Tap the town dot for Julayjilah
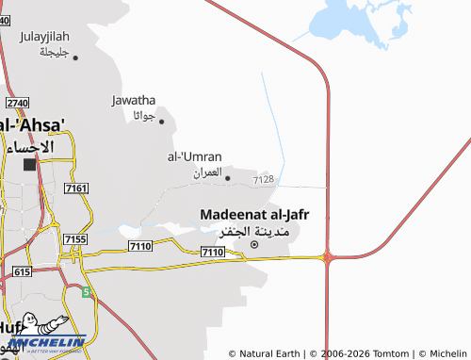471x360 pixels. pyautogui.click(x=74, y=57)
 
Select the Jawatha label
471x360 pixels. pyautogui.click(x=134, y=100)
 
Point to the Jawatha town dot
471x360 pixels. pyautogui.click(x=161, y=121)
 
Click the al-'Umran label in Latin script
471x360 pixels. pyautogui.click(x=194, y=155)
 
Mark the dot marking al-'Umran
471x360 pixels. pyautogui.click(x=227, y=176)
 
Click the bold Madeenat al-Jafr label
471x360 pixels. pyautogui.click(x=254, y=215)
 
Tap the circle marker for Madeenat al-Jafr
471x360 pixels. pyautogui.click(x=253, y=245)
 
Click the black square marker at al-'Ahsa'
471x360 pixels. pyautogui.click(x=29, y=164)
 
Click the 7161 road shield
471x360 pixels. pyautogui.click(x=76, y=189)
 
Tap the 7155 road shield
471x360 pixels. pyautogui.click(x=74, y=240)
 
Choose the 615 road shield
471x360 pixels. pyautogui.click(x=22, y=270)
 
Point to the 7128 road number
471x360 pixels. pyautogui.click(x=264, y=179)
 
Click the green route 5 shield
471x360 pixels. pyautogui.click(x=87, y=292)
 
